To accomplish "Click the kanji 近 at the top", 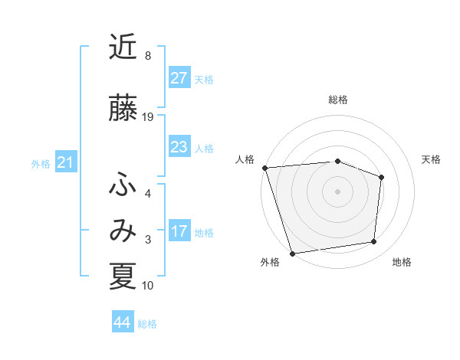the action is pyautogui.click(x=123, y=48).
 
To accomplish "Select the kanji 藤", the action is pyautogui.click(x=123, y=110).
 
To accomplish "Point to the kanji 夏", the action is pyautogui.click(x=123, y=277).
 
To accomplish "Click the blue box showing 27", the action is pyautogui.click(x=179, y=78).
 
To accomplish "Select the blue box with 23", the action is pyautogui.click(x=179, y=147).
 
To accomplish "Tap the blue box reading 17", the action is pyautogui.click(x=179, y=231).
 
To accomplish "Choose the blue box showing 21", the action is pyautogui.click(x=65, y=162).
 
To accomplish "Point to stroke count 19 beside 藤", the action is pyautogui.click(x=148, y=117).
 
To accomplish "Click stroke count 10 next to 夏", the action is pyautogui.click(x=148, y=286).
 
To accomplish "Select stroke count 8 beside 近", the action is pyautogui.click(x=148, y=56).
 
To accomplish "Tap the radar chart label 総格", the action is pyautogui.click(x=338, y=100).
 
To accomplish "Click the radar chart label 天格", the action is pyautogui.click(x=431, y=159).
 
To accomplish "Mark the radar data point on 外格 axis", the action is pyautogui.click(x=292, y=253).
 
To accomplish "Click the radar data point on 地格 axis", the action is pyautogui.click(x=374, y=241).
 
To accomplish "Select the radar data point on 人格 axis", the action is pyautogui.click(x=264, y=167).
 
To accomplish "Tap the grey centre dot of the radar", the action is pyautogui.click(x=338, y=191).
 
